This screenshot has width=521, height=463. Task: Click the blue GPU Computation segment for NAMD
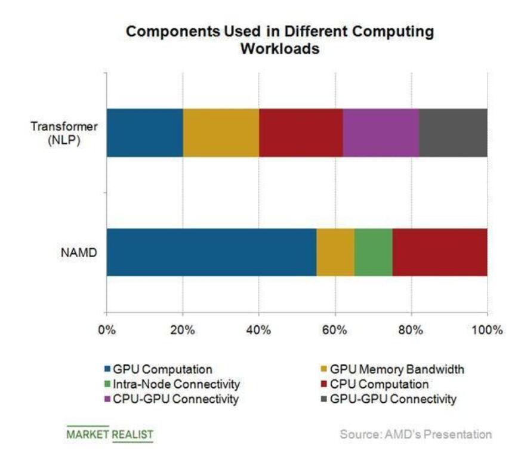point(211,252)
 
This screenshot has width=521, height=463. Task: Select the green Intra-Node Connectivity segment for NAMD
point(373,252)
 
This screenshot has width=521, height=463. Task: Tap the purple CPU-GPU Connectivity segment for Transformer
point(381,132)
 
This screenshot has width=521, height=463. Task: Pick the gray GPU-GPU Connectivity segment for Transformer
point(453,132)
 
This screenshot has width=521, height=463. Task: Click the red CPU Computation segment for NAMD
point(439,252)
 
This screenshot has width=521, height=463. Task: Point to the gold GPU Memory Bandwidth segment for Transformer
point(221,132)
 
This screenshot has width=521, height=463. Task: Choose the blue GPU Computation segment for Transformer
point(144,132)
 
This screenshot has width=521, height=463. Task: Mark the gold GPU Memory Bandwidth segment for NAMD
point(335,252)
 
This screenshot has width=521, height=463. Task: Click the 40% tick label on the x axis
point(259,329)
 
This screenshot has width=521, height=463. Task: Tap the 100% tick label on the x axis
point(487,329)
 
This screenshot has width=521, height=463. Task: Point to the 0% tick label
point(107,329)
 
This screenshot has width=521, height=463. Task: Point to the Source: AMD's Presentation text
point(416,434)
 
